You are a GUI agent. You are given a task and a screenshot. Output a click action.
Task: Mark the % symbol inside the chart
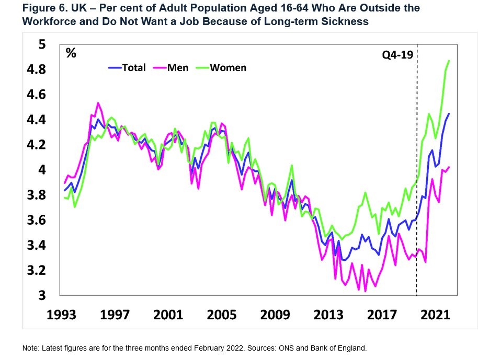pyautogui.click(x=71, y=54)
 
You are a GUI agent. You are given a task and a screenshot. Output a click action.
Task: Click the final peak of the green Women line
pyautogui.click(x=449, y=61)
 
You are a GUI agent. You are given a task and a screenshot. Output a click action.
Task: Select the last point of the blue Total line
pyautogui.click(x=449, y=113)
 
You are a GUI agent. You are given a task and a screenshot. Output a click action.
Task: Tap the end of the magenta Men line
pyautogui.click(x=449, y=167)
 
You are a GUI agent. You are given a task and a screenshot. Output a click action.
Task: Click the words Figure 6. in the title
pyautogui.click(x=42, y=9)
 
